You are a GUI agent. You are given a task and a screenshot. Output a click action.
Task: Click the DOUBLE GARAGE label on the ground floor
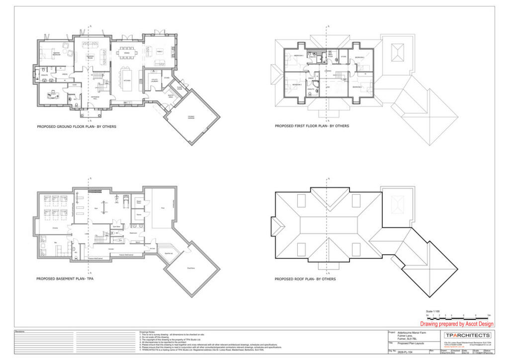click(191, 118)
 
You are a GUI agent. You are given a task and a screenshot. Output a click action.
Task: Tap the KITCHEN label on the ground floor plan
click(127, 80)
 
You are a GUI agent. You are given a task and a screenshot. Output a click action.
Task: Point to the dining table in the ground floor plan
click(127, 58)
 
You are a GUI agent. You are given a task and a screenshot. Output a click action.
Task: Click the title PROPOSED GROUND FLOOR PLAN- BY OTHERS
click(77, 127)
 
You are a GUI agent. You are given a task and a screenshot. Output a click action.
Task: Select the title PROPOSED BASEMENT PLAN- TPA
click(65, 279)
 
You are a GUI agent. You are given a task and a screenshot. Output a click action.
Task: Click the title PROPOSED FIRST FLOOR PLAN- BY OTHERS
click(312, 126)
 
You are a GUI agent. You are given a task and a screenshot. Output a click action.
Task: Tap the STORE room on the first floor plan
click(343, 57)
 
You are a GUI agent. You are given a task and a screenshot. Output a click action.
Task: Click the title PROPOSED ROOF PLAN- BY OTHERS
click(305, 279)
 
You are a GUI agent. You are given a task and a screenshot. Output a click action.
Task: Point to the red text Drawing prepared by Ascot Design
click(457, 324)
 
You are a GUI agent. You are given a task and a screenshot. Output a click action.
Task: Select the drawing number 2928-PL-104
click(406, 351)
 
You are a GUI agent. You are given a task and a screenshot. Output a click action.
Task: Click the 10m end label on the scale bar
click(489, 315)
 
